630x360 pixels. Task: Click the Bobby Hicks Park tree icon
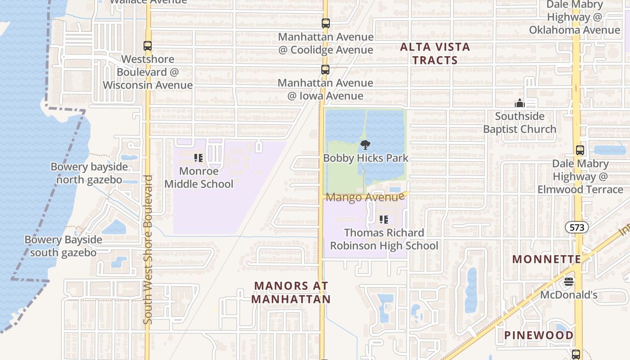pyautogui.click(x=365, y=145)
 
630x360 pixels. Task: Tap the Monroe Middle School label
pyautogui.click(x=199, y=177)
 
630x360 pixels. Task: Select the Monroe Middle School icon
pyautogui.click(x=198, y=158)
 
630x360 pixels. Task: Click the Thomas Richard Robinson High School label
pyautogui.click(x=384, y=239)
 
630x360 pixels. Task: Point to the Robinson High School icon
pyautogui.click(x=384, y=220)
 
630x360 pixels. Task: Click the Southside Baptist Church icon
pyautogui.click(x=520, y=103)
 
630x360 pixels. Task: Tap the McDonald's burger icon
pyautogui.click(x=569, y=282)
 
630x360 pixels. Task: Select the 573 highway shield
pyautogui.click(x=577, y=227)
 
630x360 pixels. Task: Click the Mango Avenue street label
pyautogui.click(x=365, y=197)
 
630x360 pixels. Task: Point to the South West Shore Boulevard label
pyautogui.click(x=148, y=249)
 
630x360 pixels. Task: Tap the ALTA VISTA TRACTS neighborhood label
pyautogui.click(x=435, y=54)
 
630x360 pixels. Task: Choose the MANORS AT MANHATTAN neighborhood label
pyautogui.click(x=291, y=292)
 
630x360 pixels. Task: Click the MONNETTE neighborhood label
pyautogui.click(x=547, y=259)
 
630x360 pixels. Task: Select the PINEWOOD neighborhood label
pyautogui.click(x=539, y=335)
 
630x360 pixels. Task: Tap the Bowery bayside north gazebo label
pyautogui.click(x=89, y=173)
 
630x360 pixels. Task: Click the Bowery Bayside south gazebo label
pyautogui.click(x=63, y=246)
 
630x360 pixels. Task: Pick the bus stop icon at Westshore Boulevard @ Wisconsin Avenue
pyautogui.click(x=148, y=46)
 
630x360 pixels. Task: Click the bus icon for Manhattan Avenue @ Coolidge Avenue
pyautogui.click(x=325, y=23)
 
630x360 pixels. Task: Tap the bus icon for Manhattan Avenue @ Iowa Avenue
pyautogui.click(x=325, y=70)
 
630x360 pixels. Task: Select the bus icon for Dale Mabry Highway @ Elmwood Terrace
pyautogui.click(x=580, y=150)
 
